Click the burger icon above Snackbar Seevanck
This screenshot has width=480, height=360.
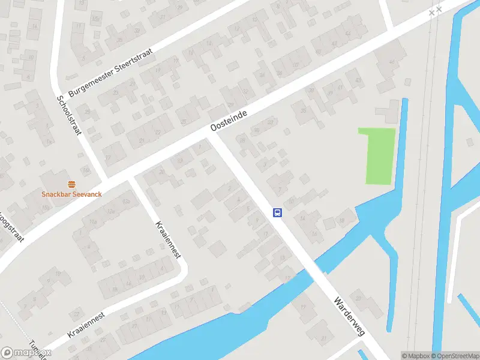(x=71, y=184)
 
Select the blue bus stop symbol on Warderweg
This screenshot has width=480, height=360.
(x=278, y=212)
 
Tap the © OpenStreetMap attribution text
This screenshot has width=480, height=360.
(x=454, y=356)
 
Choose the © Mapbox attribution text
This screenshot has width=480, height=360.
(x=415, y=356)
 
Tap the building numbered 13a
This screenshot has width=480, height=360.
(x=109, y=211)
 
